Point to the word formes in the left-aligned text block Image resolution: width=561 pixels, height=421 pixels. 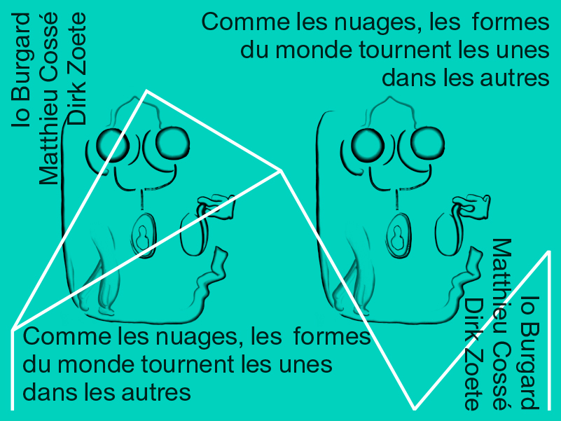(332, 336)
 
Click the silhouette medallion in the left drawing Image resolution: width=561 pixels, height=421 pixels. (143, 235)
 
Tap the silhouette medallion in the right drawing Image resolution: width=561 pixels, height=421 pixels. (398, 235)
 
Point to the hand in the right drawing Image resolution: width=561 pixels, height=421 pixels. (472, 206)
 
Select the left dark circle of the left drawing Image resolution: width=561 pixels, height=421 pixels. (112, 146)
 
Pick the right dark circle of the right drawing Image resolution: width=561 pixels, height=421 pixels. (427, 143)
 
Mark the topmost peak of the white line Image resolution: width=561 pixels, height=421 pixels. (146, 91)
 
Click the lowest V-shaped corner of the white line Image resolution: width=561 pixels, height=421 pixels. (415, 408)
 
